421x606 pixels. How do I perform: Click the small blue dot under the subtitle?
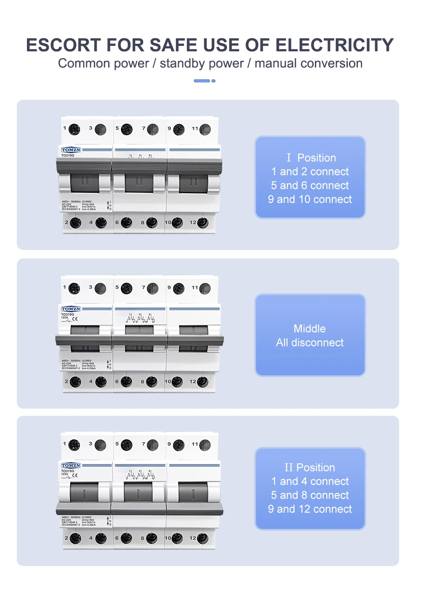[x=213, y=81]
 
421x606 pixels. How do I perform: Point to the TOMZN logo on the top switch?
[x=71, y=150]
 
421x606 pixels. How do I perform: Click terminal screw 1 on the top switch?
[x=75, y=129]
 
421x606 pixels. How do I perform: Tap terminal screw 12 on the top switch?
[x=203, y=223]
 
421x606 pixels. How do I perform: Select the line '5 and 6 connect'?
[x=310, y=186]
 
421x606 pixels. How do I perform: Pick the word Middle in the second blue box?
[x=310, y=329]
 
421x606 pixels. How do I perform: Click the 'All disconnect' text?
[x=310, y=343]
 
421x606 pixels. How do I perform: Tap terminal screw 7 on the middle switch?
[x=153, y=288]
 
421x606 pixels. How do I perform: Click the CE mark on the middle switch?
[x=75, y=319]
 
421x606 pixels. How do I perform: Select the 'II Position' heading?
[x=310, y=468]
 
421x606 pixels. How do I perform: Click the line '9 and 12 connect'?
[x=310, y=509]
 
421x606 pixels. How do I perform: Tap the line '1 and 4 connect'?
[x=310, y=481]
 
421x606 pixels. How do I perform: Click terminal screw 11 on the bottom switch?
[x=205, y=445]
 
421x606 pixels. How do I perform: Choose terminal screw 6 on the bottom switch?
[x=127, y=538]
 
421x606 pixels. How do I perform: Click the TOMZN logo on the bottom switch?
[x=71, y=465]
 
